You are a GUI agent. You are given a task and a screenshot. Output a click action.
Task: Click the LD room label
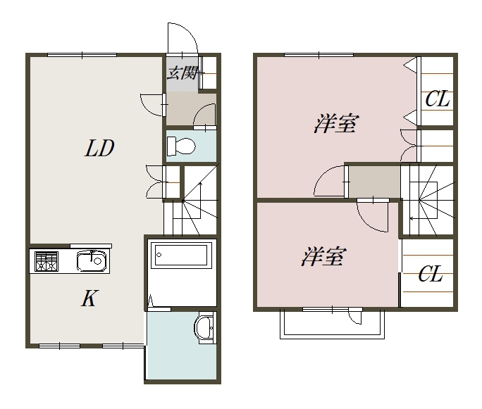(x=99, y=148)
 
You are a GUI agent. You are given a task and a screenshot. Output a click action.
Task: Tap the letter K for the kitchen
(x=89, y=298)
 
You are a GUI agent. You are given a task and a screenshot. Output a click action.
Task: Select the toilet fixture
(x=180, y=146)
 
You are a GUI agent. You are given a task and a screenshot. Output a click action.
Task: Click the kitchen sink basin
(x=93, y=260)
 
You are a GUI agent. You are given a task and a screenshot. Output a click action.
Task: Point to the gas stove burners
(x=47, y=261)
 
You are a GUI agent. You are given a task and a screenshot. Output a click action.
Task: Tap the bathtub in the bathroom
(x=181, y=255)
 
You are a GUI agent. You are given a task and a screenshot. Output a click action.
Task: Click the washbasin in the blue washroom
(x=204, y=327)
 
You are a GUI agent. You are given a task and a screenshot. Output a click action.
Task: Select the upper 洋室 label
(x=335, y=123)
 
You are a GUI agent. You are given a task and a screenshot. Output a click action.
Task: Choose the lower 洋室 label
(x=323, y=256)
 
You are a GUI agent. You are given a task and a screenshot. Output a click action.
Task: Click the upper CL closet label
(x=437, y=99)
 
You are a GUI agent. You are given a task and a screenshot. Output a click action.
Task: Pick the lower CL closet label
(x=431, y=274)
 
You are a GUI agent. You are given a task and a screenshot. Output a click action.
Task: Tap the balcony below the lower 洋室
(x=332, y=325)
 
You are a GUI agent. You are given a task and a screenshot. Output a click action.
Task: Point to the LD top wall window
(x=82, y=55)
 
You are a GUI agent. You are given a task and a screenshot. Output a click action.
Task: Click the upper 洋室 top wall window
(x=319, y=55)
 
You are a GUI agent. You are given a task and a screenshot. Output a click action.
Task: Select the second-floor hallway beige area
(x=374, y=182)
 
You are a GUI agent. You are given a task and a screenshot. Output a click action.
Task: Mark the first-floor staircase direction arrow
(x=200, y=201)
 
